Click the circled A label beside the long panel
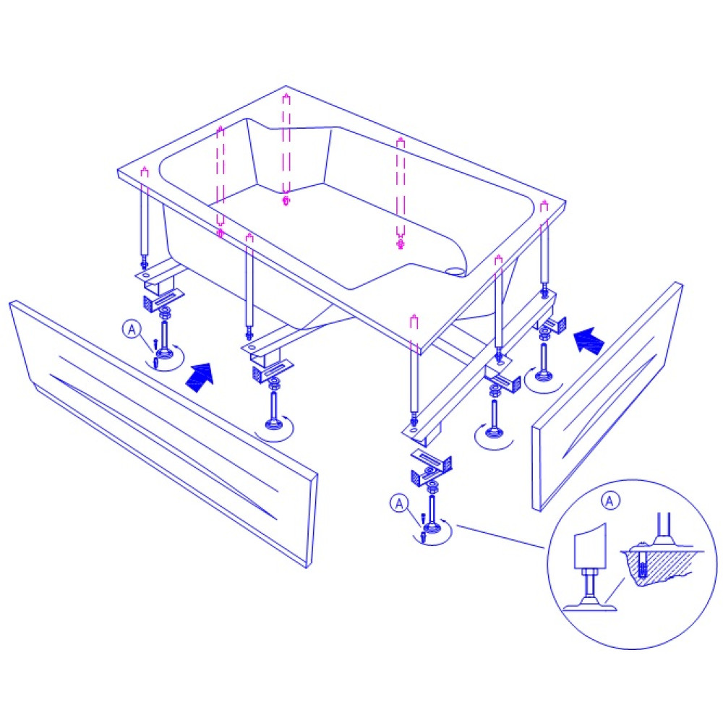[132, 330]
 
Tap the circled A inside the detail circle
[610, 500]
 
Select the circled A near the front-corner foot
[399, 503]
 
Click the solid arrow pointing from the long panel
[200, 376]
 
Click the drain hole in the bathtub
[456, 270]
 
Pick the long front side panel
[163, 433]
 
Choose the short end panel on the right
[608, 396]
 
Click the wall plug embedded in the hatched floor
[642, 563]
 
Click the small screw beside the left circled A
[156, 343]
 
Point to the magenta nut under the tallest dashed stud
[286, 200]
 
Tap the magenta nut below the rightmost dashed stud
[401, 243]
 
